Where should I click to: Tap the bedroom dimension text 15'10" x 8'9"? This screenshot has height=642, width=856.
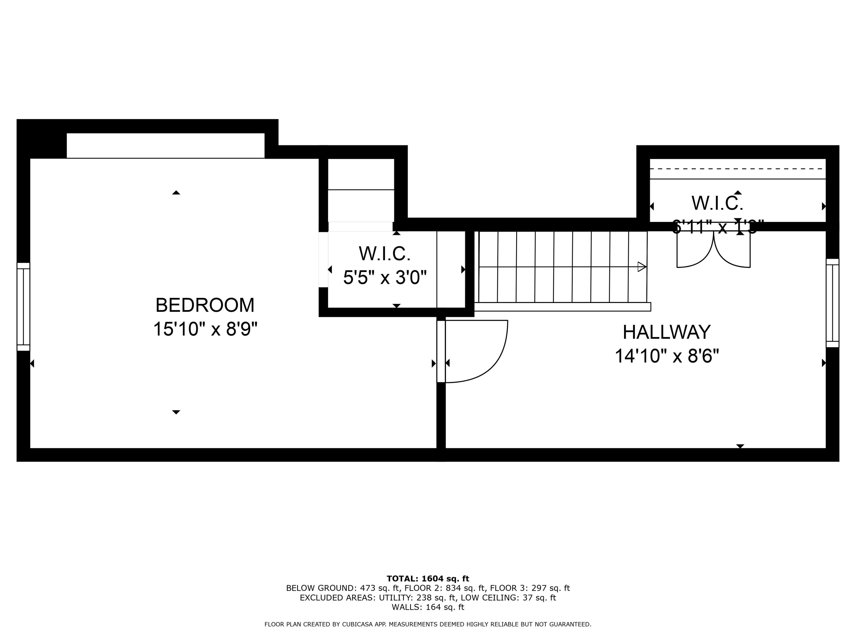(x=205, y=329)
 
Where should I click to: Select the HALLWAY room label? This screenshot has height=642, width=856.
(x=666, y=332)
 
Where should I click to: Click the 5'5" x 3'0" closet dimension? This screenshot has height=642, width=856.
(x=385, y=277)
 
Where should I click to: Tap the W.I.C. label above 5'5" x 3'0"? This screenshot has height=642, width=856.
(x=384, y=254)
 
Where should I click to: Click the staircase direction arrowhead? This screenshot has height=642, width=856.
(x=642, y=267)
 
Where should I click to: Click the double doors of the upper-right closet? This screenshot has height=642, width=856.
(x=713, y=250)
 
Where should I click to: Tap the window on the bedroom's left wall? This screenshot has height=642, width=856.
(x=23, y=306)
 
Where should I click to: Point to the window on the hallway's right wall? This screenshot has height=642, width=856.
(x=832, y=303)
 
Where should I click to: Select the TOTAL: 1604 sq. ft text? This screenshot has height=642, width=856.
(x=428, y=579)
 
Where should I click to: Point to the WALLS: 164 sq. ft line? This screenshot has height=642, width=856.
(x=428, y=607)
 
